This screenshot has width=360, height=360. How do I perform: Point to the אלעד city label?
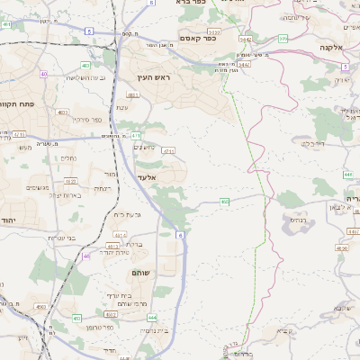point(146,177)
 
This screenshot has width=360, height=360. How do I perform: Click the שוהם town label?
point(143,272)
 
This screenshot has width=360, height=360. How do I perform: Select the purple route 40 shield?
point(42,74)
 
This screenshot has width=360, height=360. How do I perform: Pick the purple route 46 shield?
point(86,256)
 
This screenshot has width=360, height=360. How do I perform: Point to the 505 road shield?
point(283,39)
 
